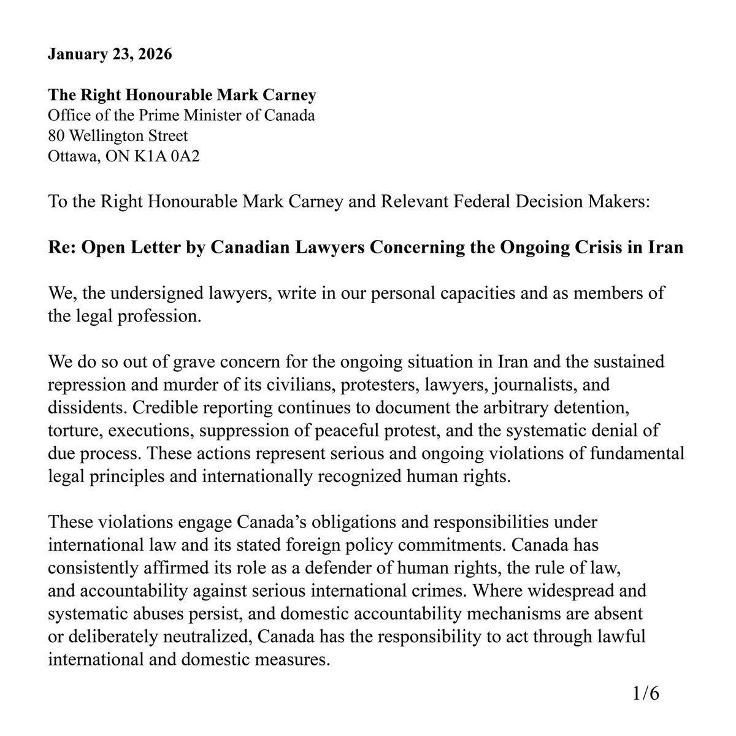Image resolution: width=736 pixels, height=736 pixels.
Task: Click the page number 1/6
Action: point(645,695)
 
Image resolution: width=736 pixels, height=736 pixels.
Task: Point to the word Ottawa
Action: point(68,156)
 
